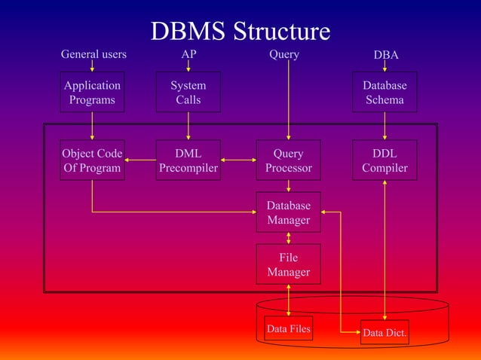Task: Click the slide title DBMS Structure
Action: pos(240,31)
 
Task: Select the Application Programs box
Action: pos(92,92)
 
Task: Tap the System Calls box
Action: pos(188,92)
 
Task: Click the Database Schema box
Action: pos(384,92)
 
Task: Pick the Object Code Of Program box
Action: pos(92,160)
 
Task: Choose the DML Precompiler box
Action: pos(188,160)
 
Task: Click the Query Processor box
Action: pos(288,160)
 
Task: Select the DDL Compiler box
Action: pos(384,160)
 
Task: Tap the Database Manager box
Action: pos(288,212)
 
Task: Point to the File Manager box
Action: pos(288,264)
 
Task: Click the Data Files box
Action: pos(288,329)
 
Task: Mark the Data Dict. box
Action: pos(384,332)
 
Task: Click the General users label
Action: pos(93,54)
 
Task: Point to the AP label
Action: pos(188,54)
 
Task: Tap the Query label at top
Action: pos(284,54)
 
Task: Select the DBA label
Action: pos(386,55)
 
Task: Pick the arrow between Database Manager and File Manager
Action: pos(289,238)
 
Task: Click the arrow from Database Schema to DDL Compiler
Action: pos(384,126)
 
